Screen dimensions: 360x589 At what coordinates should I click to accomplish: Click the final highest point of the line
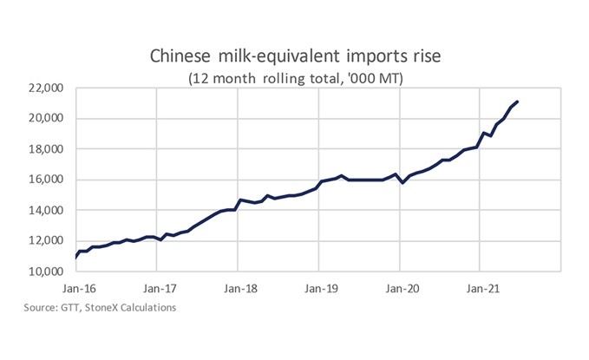point(518,102)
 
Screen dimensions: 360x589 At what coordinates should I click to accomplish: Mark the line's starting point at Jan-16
point(76,258)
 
